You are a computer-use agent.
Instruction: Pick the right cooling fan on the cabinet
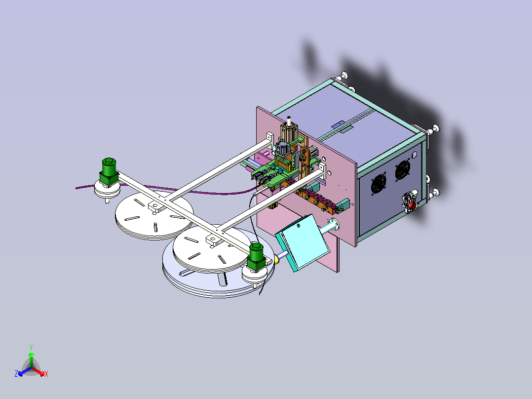(x=402, y=171)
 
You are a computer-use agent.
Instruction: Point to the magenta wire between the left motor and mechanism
(x=207, y=193)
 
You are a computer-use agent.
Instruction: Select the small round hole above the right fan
(x=414, y=155)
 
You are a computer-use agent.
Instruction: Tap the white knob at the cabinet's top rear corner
(x=343, y=76)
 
